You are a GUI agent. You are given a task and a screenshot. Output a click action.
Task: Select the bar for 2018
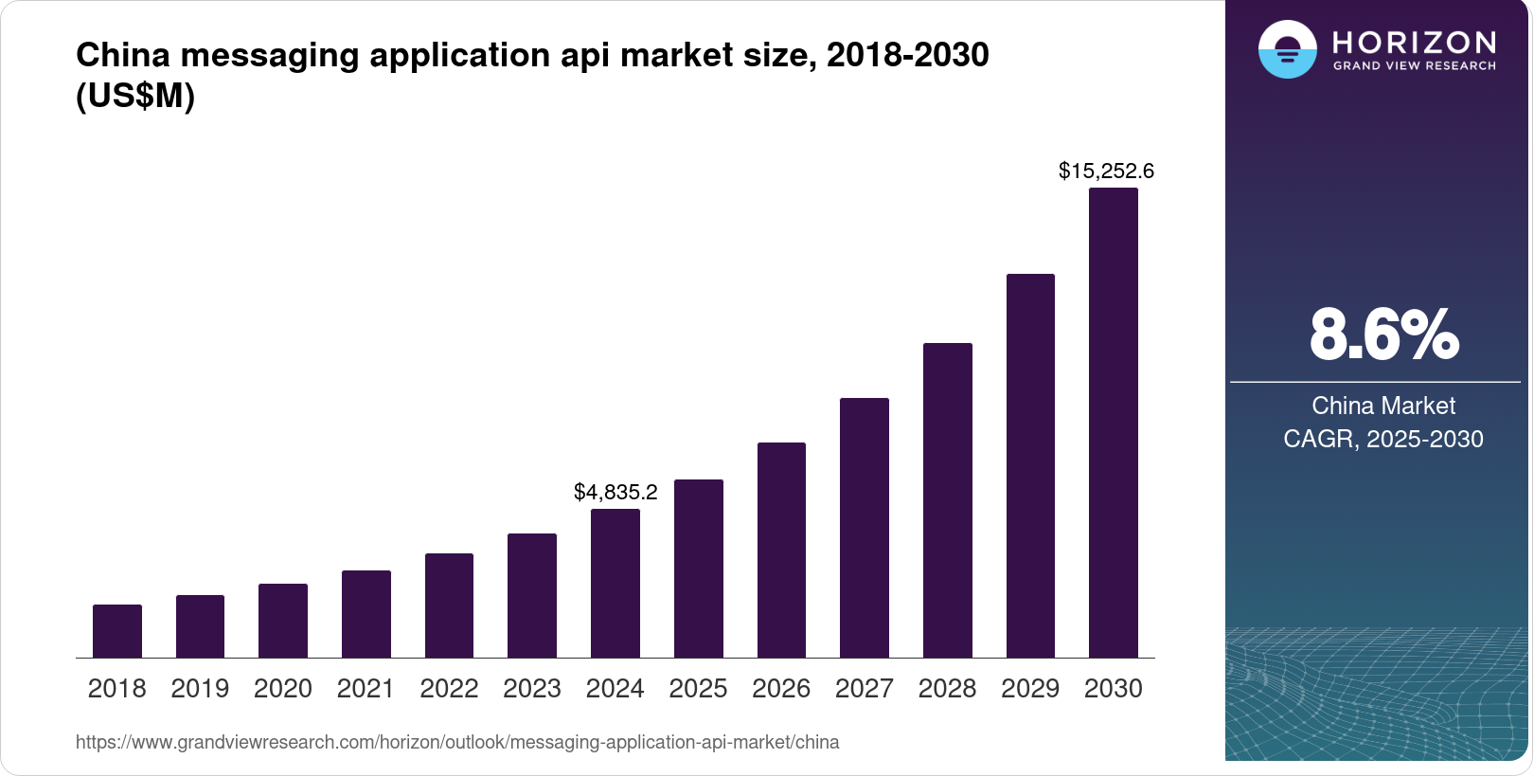117,631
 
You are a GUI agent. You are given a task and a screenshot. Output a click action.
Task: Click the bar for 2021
366,614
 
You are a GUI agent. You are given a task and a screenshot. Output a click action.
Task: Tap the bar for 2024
615,584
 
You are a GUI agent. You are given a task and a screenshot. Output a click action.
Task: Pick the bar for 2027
865,528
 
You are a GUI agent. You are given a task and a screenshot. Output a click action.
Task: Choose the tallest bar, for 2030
1114,423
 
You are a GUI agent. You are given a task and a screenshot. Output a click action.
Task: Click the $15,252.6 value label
1106,172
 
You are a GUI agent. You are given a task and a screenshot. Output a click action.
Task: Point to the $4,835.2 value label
615,493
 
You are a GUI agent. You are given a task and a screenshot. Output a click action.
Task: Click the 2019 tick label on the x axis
200,689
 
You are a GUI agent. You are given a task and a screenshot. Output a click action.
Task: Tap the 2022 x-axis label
449,689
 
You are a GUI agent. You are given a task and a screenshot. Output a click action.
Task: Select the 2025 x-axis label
698,689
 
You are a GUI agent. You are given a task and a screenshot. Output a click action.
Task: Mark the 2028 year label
947,689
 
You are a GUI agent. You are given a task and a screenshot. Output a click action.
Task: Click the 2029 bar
1030,466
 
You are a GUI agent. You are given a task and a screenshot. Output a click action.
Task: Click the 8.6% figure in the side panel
1383,334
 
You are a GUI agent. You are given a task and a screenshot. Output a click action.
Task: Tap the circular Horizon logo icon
1287,49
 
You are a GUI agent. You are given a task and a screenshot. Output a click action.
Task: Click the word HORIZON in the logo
1414,42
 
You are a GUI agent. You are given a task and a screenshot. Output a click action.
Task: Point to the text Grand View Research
1414,66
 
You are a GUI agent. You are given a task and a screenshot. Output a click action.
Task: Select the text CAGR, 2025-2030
1382,440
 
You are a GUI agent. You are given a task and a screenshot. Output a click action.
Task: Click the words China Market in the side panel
1382,407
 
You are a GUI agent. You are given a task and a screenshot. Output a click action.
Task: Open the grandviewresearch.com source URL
457,743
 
